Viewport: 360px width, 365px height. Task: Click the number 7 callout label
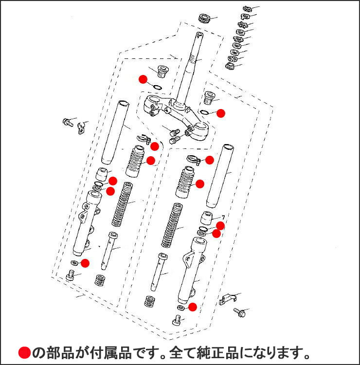tap(223, 217)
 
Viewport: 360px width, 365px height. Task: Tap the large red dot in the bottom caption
tap(25, 352)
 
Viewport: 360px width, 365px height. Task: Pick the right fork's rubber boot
tap(185, 183)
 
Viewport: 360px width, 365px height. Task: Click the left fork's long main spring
tap(122, 204)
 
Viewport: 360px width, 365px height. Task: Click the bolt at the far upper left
tap(67, 122)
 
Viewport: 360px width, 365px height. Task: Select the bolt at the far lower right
tap(239, 311)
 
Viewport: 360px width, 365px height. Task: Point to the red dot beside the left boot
tap(151, 160)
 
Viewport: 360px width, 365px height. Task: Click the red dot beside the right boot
tap(199, 183)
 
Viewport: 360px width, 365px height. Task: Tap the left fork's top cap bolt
tap(161, 72)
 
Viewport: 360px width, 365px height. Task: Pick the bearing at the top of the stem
tap(204, 19)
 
